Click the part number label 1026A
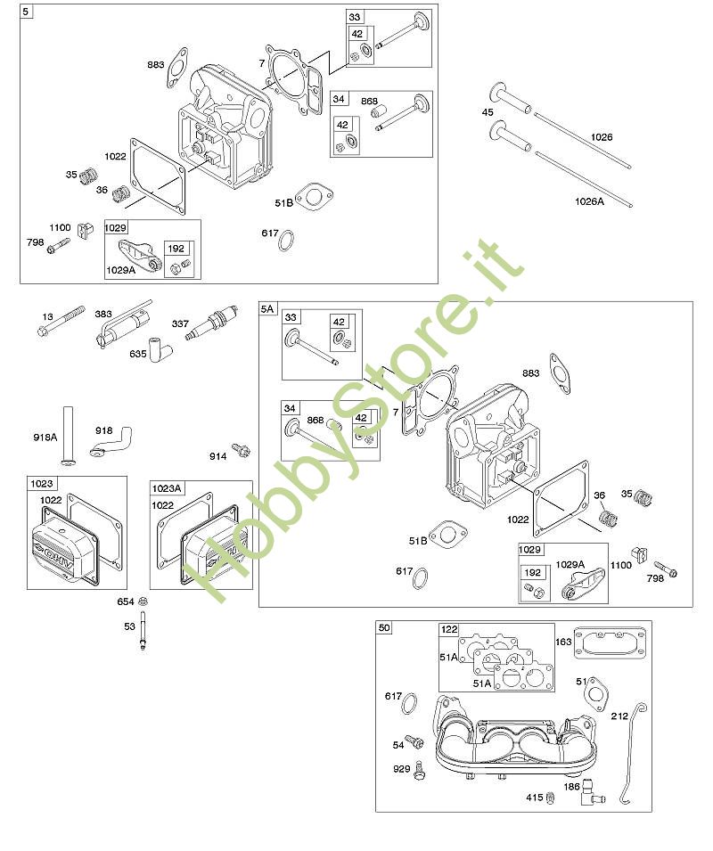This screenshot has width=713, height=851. coord(589,201)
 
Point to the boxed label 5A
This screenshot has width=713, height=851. coord(267,308)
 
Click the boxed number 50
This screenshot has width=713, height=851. coord(384,627)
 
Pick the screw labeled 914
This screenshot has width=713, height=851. coord(239,451)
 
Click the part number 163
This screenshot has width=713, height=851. coord(564,642)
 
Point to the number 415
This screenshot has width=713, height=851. coord(534,797)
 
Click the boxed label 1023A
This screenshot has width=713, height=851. coord(167,487)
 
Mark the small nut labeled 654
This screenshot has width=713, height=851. coord(143,602)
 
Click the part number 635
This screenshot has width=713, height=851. coord(137,354)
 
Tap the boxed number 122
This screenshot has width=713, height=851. coord(449,629)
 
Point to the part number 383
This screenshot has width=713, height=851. coord(104,315)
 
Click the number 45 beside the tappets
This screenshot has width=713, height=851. coord(488,112)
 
